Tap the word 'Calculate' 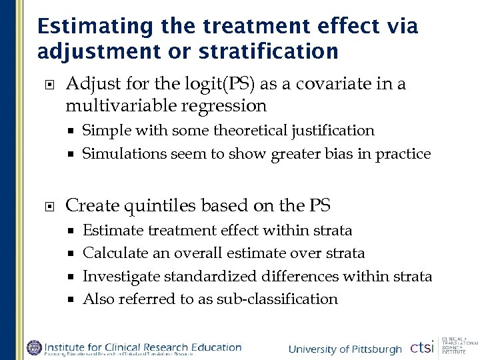(113, 253)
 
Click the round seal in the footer (33, 347)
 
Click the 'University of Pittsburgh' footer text (345, 349)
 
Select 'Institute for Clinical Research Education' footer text (143, 346)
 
